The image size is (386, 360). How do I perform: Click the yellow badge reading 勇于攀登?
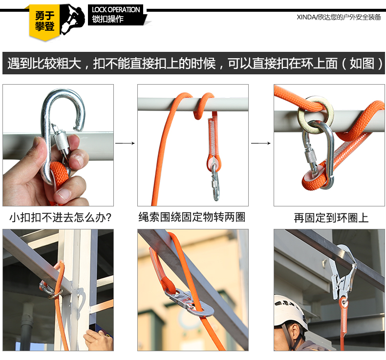click(44, 22)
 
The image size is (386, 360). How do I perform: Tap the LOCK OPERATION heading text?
click(116, 10)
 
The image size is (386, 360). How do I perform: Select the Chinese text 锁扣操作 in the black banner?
click(107, 19)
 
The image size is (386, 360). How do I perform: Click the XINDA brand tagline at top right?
click(339, 17)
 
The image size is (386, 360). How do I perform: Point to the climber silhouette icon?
click(72, 20)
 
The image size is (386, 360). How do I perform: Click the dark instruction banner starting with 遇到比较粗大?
click(193, 63)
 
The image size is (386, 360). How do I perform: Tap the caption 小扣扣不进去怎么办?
click(60, 218)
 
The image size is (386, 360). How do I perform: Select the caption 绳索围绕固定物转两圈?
click(192, 217)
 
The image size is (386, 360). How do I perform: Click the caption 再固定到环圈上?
click(331, 218)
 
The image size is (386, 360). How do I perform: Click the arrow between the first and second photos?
click(125, 143)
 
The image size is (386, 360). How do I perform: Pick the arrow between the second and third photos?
click(261, 143)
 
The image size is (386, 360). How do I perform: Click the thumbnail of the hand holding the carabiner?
click(58, 145)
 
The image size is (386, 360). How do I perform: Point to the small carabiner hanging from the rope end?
click(215, 182)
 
